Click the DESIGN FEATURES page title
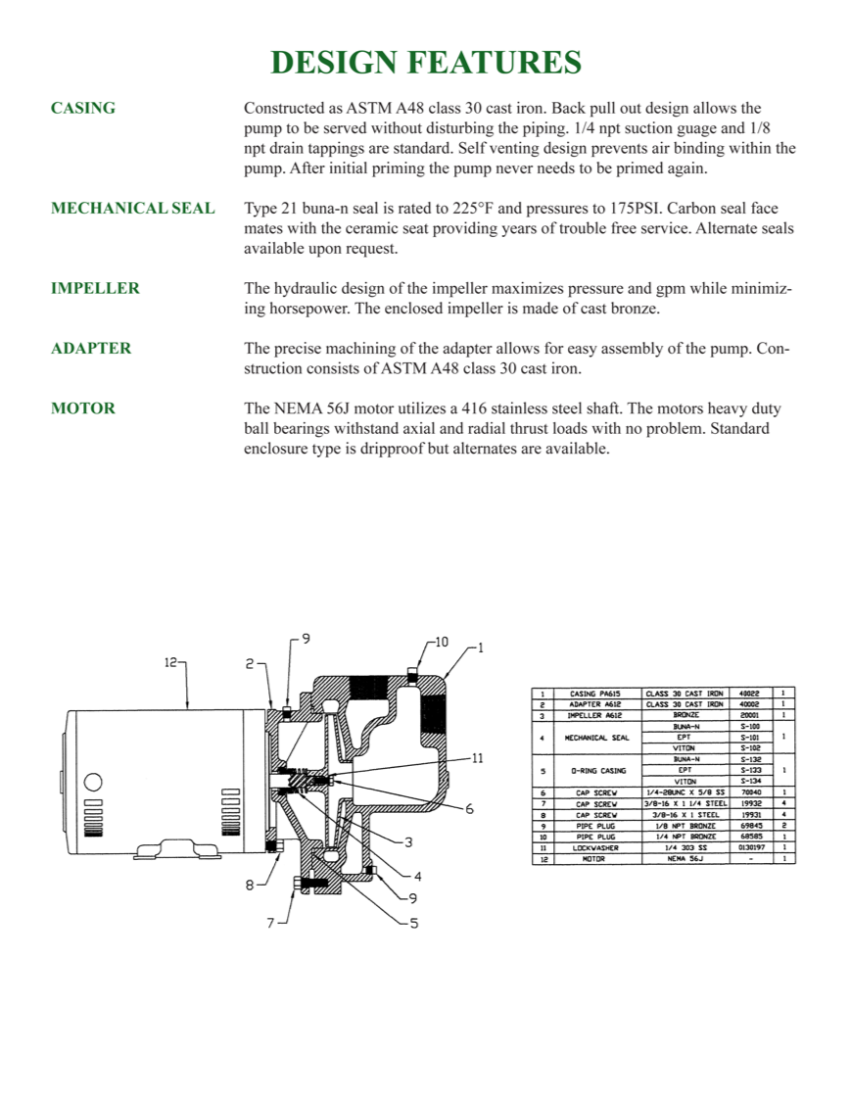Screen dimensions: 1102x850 click(425, 63)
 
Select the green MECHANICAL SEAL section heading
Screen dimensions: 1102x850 click(132, 209)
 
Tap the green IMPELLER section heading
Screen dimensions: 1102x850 click(95, 288)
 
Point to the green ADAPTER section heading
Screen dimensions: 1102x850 click(91, 348)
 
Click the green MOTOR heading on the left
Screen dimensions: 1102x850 click(82, 408)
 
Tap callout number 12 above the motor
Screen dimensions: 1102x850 click(170, 663)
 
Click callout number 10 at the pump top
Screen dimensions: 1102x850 click(441, 642)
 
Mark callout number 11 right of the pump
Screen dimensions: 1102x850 click(477, 757)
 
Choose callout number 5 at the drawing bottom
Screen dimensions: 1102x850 click(413, 923)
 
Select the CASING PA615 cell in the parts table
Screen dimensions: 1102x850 click(595, 694)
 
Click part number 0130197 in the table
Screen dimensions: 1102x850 click(751, 848)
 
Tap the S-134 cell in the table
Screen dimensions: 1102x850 click(751, 781)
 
